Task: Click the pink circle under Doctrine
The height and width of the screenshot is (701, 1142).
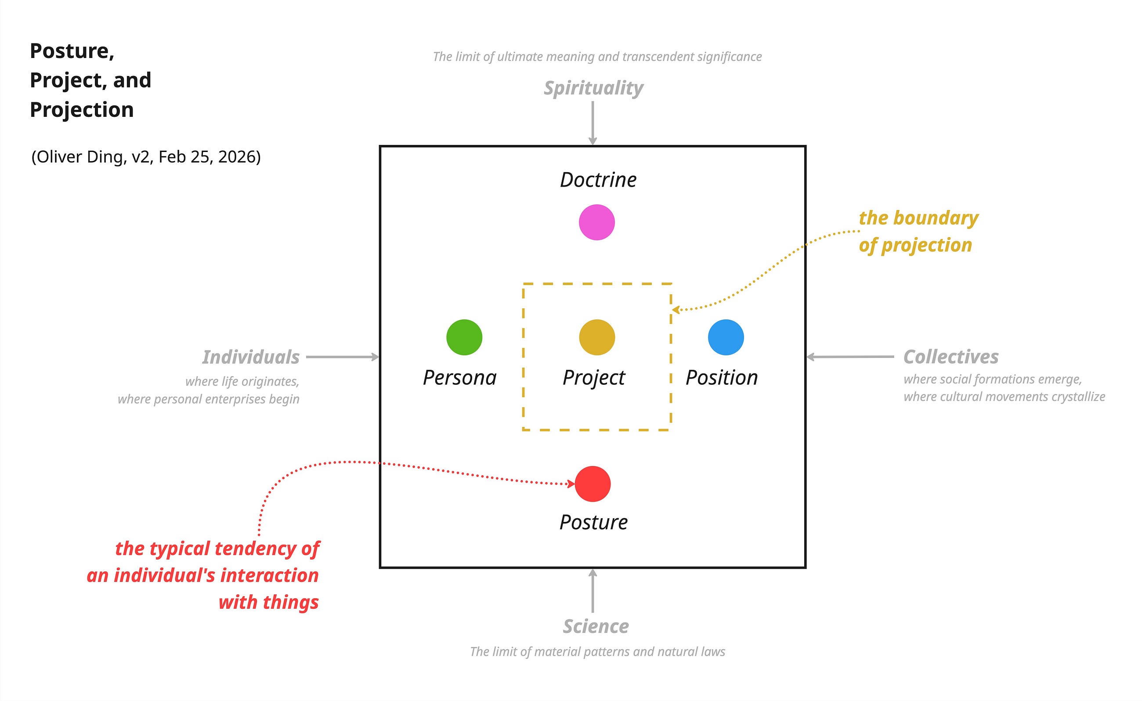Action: (597, 222)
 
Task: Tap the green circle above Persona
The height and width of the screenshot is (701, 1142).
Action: (464, 337)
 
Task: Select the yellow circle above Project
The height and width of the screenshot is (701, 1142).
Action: (597, 337)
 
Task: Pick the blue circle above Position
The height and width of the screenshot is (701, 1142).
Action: (726, 337)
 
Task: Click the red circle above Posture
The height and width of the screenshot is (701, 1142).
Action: (593, 484)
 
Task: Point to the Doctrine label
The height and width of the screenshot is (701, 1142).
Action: (598, 180)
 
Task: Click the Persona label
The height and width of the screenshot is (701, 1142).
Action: (459, 377)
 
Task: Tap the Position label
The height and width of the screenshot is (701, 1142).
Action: (722, 377)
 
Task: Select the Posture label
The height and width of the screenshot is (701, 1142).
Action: (593, 522)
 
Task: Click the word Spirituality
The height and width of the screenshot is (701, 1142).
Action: (593, 88)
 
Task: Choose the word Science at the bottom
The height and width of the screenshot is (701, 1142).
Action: (596, 626)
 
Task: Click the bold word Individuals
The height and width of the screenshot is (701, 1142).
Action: (251, 357)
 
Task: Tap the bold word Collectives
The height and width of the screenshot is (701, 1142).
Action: (951, 357)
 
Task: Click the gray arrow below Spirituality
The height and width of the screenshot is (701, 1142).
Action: (593, 123)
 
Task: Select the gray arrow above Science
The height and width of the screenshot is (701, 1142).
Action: (593, 591)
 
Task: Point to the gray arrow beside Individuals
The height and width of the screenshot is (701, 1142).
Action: (343, 357)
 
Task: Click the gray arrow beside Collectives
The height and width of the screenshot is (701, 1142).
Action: (850, 357)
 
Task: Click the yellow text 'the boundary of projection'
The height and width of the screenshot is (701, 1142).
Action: (918, 231)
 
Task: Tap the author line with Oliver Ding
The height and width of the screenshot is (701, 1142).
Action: (146, 157)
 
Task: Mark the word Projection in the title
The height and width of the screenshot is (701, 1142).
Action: (82, 110)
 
